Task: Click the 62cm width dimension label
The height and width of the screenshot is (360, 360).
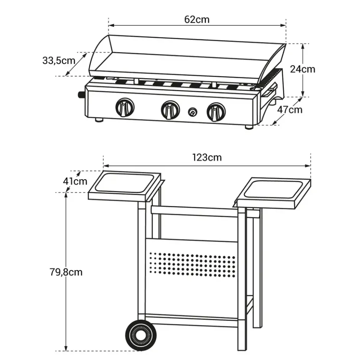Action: pos(197,20)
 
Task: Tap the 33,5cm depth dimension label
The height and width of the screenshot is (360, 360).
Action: pos(59,61)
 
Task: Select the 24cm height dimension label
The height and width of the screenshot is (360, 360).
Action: pos(303,69)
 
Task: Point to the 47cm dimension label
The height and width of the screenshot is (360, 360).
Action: pos(290,110)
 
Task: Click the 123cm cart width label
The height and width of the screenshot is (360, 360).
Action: pos(207,157)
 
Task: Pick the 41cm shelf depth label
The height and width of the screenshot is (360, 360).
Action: pos(75,182)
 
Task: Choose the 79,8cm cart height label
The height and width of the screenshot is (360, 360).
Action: pos(66,272)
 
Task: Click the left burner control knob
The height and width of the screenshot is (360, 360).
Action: pos(125,108)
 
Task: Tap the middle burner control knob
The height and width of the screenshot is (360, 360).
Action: pos(170,110)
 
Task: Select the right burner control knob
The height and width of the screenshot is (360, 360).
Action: pos(216,112)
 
